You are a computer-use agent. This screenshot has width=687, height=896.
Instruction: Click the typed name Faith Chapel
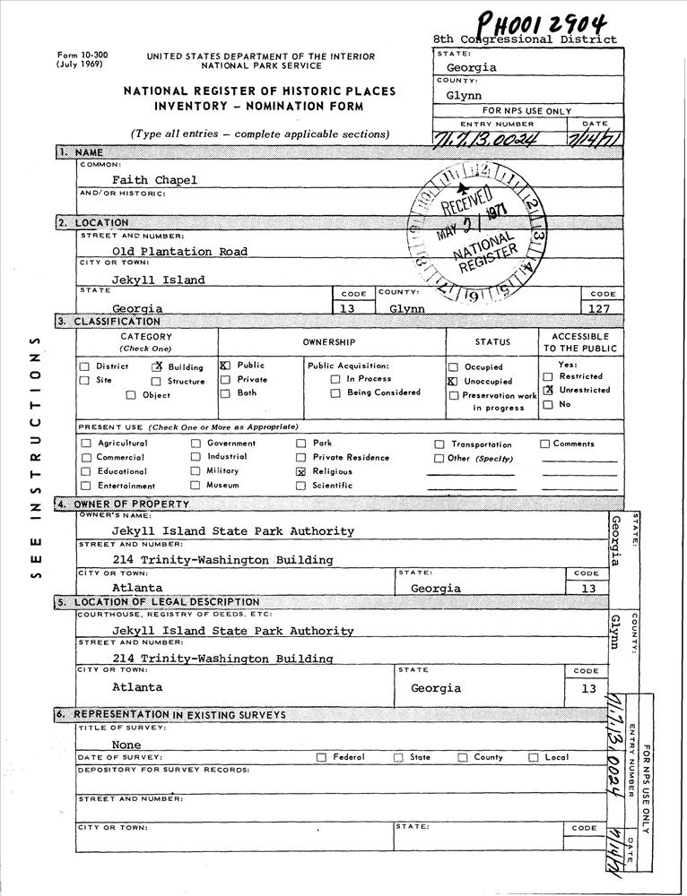click(x=154, y=180)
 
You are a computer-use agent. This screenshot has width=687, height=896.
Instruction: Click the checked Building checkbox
click(x=158, y=366)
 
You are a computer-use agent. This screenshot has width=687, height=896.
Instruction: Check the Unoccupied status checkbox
click(x=453, y=381)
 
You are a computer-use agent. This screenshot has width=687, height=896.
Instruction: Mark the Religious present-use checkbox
click(x=301, y=471)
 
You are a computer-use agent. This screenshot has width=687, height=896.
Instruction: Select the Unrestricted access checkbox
click(x=548, y=391)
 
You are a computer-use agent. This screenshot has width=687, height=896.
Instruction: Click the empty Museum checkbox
click(x=196, y=486)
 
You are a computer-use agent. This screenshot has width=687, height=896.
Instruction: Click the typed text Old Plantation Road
click(x=179, y=252)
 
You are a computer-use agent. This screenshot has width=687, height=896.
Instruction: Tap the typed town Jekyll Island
click(x=158, y=280)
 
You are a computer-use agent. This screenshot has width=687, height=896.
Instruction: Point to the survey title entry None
click(x=126, y=745)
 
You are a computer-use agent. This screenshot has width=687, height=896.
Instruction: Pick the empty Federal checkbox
click(x=321, y=757)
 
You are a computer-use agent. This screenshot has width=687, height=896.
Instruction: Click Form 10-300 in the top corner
click(x=82, y=55)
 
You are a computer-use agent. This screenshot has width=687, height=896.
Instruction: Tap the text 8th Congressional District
click(x=525, y=39)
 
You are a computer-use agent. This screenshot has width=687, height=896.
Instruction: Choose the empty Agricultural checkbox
click(x=86, y=444)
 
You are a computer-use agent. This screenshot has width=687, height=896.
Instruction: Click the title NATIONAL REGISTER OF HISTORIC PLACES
click(x=260, y=92)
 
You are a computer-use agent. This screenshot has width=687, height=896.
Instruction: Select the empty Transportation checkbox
click(x=439, y=444)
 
